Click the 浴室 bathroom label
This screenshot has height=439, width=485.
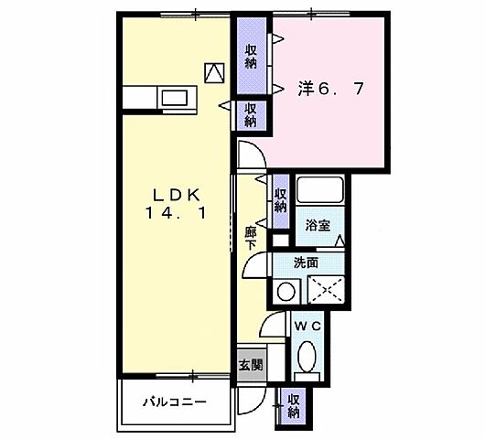(319, 222)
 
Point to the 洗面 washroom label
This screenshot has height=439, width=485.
(307, 262)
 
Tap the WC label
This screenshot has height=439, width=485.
(306, 325)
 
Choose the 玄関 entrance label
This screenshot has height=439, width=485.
(251, 363)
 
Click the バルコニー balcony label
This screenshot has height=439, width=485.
(174, 402)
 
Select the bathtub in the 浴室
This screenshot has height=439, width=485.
(320, 192)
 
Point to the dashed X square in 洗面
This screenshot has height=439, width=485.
(328, 290)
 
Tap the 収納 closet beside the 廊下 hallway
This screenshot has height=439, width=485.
(281, 198)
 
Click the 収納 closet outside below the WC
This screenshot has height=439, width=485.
(294, 404)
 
